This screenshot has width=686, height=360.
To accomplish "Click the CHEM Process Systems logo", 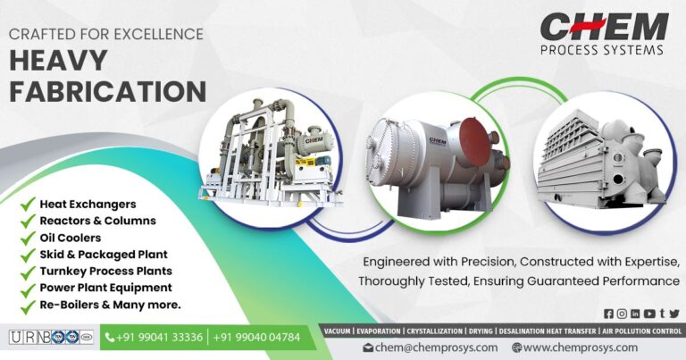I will coord(604,34).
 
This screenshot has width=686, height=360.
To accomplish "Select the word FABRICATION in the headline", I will coord(107,91).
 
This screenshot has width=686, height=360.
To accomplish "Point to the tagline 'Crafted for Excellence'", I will coord(106,35).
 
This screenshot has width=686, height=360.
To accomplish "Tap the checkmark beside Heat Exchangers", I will coord(28,205).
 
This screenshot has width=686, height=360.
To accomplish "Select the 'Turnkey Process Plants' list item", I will coord(105,271).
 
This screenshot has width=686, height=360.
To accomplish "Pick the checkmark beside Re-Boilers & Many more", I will coord(28,305).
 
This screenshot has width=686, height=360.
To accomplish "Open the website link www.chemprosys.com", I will coord(580,347).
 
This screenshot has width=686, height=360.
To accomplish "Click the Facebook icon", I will coord(609,313).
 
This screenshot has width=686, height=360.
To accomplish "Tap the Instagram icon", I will coord(623,313).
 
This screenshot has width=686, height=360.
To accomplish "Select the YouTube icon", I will coord(648,313).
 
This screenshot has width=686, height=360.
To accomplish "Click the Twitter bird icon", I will coord(674,313).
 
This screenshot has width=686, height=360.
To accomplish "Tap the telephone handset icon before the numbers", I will coord(111,338).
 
